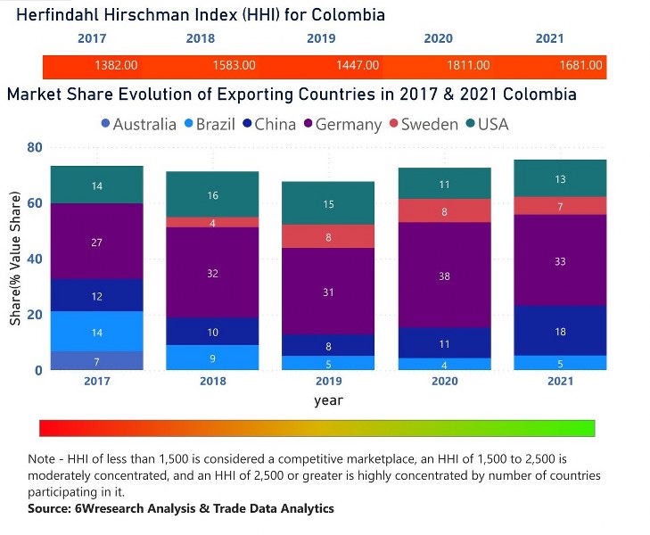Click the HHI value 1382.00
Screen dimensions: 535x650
tap(116, 65)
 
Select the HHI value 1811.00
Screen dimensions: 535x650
tap(468, 65)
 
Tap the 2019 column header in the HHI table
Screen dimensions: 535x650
tap(321, 39)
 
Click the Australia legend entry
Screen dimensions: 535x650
tap(137, 124)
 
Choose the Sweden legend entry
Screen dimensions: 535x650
tap(421, 124)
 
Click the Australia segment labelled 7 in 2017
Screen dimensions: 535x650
tap(96, 360)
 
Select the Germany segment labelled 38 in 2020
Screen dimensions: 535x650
tap(445, 276)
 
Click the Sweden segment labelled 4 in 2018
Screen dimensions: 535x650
tap(212, 223)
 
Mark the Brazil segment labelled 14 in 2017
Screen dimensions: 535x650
tap(96, 332)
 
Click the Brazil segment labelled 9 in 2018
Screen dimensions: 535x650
tap(212, 358)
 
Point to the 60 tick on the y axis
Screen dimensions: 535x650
tap(35, 203)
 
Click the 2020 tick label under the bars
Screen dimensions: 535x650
tap(445, 383)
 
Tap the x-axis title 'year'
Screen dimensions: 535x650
tap(328, 400)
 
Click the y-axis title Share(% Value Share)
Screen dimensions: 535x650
tap(15, 258)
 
